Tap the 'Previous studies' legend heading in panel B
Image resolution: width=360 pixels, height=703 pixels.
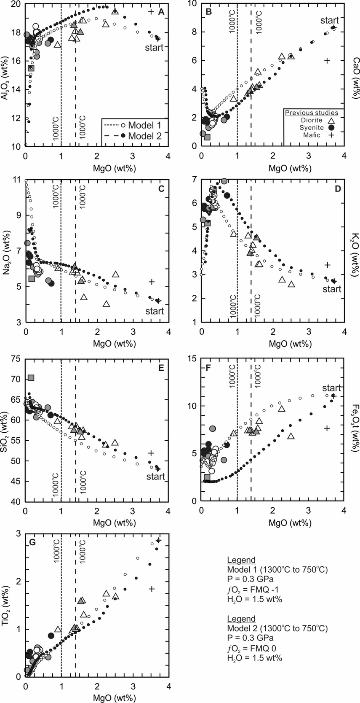(x=311, y=113)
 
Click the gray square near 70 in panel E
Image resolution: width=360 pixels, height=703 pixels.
(x=31, y=378)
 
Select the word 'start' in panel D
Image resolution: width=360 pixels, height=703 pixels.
(x=332, y=289)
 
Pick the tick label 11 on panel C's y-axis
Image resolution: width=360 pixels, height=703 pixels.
(x=17, y=180)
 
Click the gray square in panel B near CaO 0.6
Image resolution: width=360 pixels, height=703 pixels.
(x=207, y=137)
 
